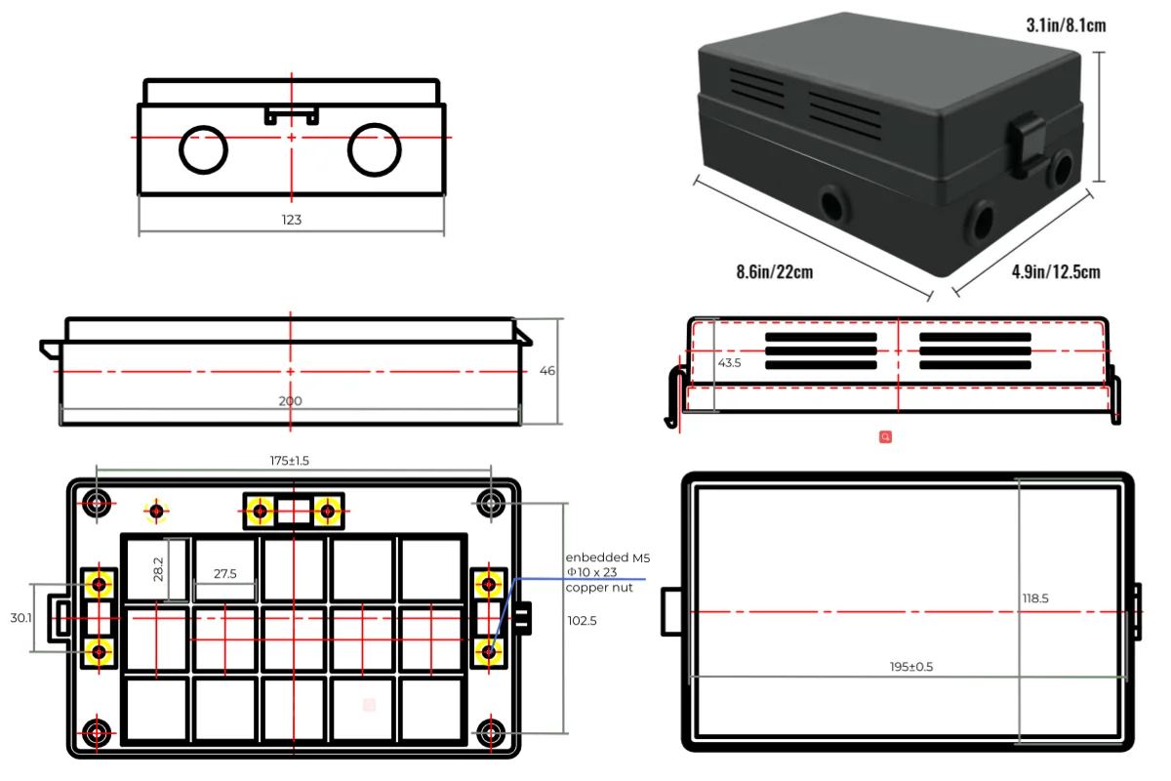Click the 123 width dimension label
click(x=292, y=220)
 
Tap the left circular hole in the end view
click(x=203, y=149)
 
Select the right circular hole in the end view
click(x=375, y=149)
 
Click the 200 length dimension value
click(x=291, y=401)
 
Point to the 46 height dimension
click(x=547, y=371)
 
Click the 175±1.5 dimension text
click(x=290, y=461)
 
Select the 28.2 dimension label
click(x=158, y=570)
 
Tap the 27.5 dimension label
click(x=225, y=574)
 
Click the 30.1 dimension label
click(x=20, y=617)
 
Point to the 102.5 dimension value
click(x=582, y=620)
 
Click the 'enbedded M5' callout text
click(x=607, y=557)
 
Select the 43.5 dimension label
click(x=730, y=362)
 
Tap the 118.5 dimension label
click(x=1035, y=598)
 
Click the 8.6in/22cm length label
click(x=774, y=271)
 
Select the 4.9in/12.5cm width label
click(x=1056, y=271)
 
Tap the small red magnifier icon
click(x=885, y=437)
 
